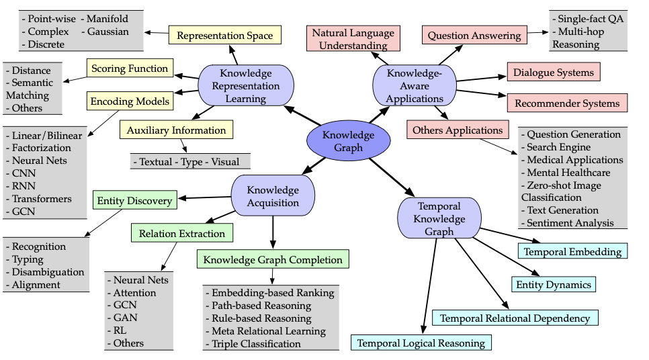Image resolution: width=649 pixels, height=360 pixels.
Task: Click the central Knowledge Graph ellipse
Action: click(348, 140)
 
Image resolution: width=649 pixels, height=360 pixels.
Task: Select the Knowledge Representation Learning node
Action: click(246, 86)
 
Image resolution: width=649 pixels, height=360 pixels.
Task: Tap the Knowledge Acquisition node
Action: click(273, 195)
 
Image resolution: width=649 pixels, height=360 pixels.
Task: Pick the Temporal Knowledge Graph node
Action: click(439, 218)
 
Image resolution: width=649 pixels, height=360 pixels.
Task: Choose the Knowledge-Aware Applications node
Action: click(415, 86)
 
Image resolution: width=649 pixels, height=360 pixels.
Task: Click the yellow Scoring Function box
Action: click(130, 68)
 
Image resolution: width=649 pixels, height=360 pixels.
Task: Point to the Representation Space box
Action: click(225, 35)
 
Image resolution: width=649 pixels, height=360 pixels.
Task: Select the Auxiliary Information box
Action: click(176, 130)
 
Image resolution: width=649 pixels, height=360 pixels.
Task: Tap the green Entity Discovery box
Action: click(134, 200)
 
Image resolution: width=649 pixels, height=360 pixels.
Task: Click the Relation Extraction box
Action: click(182, 233)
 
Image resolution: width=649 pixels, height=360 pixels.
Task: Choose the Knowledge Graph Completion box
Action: click(273, 259)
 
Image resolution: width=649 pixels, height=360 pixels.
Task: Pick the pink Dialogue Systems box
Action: click(554, 72)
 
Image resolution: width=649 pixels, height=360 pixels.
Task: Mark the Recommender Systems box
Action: click(567, 103)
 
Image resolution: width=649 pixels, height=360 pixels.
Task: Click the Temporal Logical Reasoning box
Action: click(421, 343)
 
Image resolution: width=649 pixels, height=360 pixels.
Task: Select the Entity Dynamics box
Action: click(554, 285)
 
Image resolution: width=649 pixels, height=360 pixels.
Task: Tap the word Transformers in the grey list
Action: click(42, 199)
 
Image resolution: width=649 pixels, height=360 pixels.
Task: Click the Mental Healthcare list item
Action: click(566, 173)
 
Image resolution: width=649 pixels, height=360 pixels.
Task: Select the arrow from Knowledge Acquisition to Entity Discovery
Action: click(204, 197)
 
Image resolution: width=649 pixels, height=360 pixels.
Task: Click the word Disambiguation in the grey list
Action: click(48, 272)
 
